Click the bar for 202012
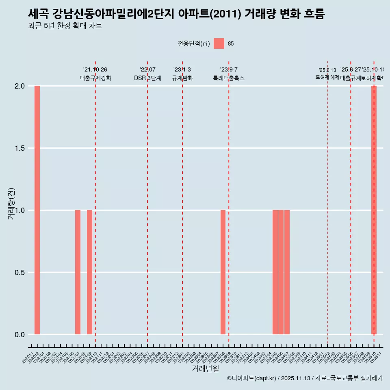pyautogui.click(x=37, y=210)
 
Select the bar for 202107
pyautogui.click(x=78, y=272)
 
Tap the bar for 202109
pyautogui.click(x=89, y=272)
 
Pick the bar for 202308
pyautogui.click(x=223, y=272)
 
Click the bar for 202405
pyautogui.click(x=275, y=272)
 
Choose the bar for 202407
pyautogui.click(x=287, y=272)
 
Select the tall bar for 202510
pyautogui.click(x=374, y=210)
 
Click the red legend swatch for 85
pyautogui.click(x=219, y=43)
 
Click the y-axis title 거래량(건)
pyautogui.click(x=11, y=204)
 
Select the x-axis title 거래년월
pyautogui.click(x=206, y=369)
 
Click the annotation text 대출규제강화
pyautogui.click(x=95, y=78)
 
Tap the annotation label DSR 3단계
pyautogui.click(x=147, y=78)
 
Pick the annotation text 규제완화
pyautogui.click(x=182, y=78)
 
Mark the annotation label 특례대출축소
pyautogui.click(x=229, y=78)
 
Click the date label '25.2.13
pyautogui.click(x=327, y=70)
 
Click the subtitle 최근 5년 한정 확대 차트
pyautogui.click(x=65, y=26)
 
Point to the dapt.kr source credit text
pyautogui.click(x=305, y=378)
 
